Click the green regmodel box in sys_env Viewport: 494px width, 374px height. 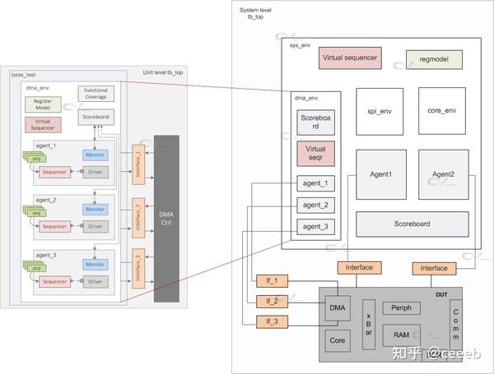(434, 59)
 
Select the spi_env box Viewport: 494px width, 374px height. (380, 110)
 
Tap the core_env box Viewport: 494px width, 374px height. (442, 110)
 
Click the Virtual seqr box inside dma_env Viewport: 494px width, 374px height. (315, 154)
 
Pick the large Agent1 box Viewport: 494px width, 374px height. (380, 175)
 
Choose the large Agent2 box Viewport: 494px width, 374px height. (443, 175)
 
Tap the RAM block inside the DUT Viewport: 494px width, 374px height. (401, 335)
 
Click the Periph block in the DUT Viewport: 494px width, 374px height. (401, 308)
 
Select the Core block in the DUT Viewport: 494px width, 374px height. (335, 339)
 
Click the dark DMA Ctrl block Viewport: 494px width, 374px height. (165, 218)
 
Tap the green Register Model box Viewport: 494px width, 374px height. (43, 104)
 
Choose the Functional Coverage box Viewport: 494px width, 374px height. (96, 94)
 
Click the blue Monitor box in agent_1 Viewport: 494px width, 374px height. (96, 155)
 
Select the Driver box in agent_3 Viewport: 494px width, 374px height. (96, 282)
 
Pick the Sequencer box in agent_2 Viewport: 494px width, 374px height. (54, 226)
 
